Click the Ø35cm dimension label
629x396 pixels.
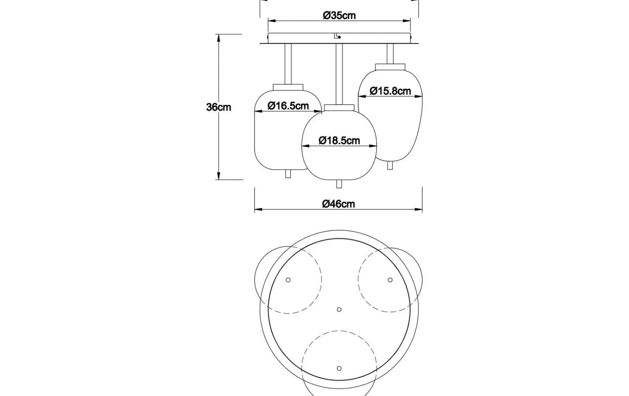coord(339,15)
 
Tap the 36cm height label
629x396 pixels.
coord(218,107)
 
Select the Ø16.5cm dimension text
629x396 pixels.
coord(288,106)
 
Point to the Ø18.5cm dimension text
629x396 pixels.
coord(339,140)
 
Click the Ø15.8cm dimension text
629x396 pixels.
coord(390,91)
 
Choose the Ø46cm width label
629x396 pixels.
coord(338,204)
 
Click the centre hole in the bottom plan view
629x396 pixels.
coord(339,309)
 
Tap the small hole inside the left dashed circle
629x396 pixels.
coord(288,280)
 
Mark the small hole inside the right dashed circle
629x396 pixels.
coord(390,280)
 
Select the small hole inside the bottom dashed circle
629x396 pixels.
coord(339,368)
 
